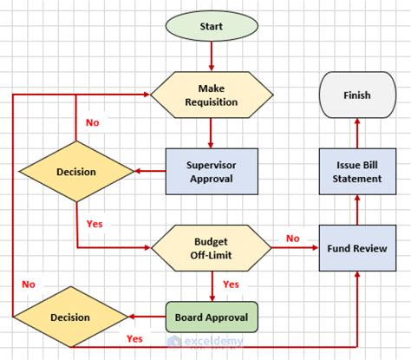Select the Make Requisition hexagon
(x=212, y=95)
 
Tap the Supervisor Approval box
(x=211, y=170)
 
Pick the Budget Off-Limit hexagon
(x=211, y=247)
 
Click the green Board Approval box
(x=211, y=317)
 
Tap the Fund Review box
(x=356, y=247)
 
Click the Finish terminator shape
(x=356, y=95)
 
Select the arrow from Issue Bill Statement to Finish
(x=356, y=130)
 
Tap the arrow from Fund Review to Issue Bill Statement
(x=356, y=208)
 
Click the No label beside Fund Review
(x=293, y=239)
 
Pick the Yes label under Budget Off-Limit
(x=231, y=285)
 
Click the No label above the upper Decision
(x=92, y=122)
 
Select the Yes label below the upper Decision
(x=95, y=224)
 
